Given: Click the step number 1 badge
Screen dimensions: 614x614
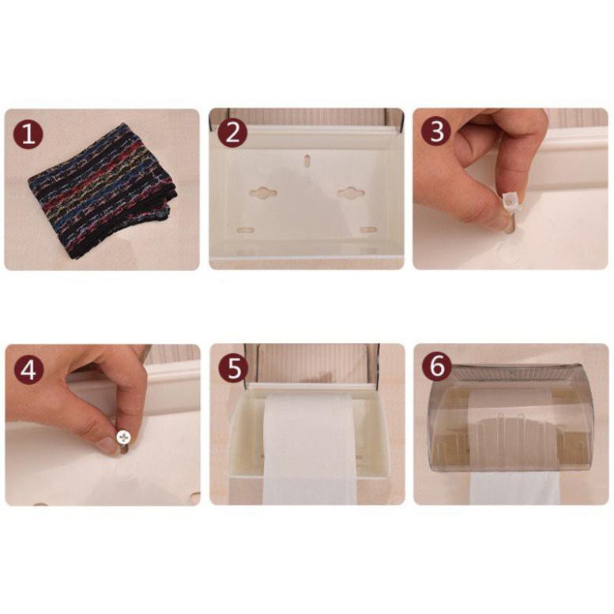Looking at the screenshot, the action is point(28,134).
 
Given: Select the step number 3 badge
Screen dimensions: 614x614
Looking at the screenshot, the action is point(436,131).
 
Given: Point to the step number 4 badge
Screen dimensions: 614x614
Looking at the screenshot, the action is point(28,370).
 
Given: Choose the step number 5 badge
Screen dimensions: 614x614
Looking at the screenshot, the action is point(233,368).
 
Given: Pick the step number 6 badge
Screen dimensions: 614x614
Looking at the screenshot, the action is point(437,367).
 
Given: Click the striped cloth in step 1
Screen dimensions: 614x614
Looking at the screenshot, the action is point(103,191).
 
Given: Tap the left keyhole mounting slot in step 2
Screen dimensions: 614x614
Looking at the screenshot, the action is point(263,193).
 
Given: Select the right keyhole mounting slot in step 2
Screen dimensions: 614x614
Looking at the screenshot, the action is point(351,193).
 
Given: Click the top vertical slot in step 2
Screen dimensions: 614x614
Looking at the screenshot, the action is point(307,160).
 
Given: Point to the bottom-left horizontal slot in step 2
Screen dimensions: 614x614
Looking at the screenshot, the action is point(246,230).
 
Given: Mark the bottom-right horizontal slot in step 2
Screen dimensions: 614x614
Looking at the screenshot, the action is point(368,230).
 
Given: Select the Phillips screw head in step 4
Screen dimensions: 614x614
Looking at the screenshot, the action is point(123,437).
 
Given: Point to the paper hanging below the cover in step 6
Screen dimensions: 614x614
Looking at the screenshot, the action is point(515,488).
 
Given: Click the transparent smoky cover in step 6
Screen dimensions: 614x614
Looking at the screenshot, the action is point(510,418).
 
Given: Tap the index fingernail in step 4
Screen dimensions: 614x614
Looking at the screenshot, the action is point(106,446).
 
